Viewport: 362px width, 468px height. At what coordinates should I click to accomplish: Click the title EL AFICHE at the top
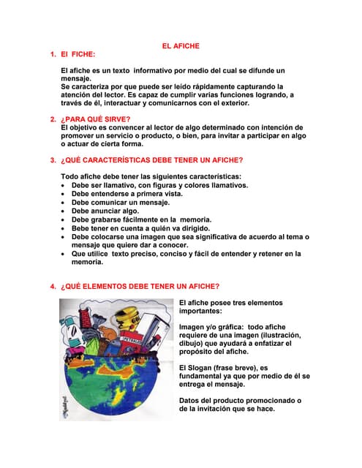point(181,46)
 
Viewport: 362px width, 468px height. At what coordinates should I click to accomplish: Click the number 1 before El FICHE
point(52,55)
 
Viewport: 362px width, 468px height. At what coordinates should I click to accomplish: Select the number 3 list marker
point(52,159)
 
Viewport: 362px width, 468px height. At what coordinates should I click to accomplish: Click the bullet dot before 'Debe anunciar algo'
point(64,211)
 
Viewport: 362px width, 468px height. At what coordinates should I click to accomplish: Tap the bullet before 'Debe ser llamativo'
point(64,185)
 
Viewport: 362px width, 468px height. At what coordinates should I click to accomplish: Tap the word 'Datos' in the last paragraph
point(190,401)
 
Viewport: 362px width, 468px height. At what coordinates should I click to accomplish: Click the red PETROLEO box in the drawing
point(131,341)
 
